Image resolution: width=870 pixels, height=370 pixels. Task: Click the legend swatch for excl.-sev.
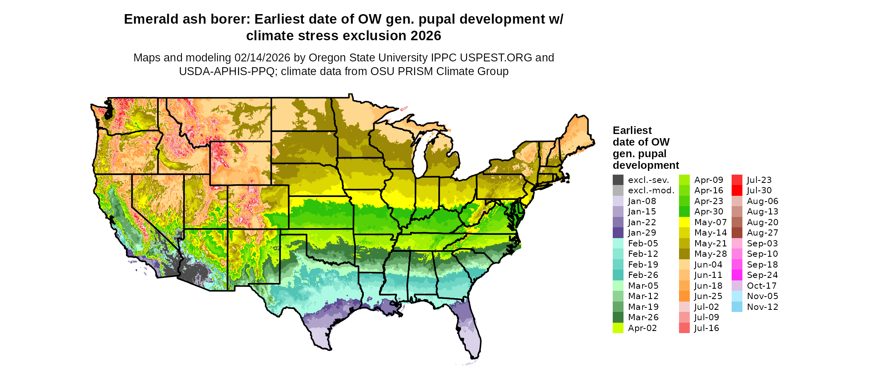tap(618, 180)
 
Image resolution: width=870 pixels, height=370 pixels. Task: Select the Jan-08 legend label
tap(642, 201)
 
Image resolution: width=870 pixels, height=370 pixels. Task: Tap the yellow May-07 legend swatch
tap(684, 222)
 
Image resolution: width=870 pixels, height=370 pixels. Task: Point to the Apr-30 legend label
tap(708, 212)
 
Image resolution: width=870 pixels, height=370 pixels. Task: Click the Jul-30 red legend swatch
tap(737, 190)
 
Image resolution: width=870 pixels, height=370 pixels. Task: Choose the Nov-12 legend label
tap(762, 307)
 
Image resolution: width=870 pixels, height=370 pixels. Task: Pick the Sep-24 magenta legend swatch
tap(737, 275)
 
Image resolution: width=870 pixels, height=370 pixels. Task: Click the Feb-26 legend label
tap(643, 275)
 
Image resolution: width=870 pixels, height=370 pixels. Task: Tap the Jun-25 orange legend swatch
tap(684, 296)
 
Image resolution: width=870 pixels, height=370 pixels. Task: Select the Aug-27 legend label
tap(762, 233)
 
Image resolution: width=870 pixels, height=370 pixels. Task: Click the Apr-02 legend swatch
tap(618, 328)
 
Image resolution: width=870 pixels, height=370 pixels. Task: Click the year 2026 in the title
tap(425, 36)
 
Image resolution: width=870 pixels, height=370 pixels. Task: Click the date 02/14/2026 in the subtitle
tap(262, 58)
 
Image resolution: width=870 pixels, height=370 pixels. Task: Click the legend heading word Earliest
tap(632, 130)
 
